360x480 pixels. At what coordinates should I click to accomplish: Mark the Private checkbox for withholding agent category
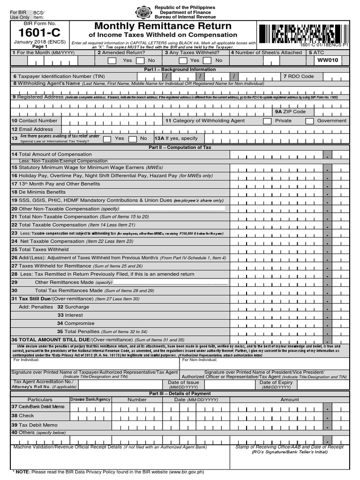tap(267, 121)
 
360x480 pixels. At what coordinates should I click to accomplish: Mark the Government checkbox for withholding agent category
tap(309, 121)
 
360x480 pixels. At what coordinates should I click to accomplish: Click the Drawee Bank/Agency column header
tap(90, 400)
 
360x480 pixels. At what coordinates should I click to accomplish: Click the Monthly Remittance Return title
tap(163, 26)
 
